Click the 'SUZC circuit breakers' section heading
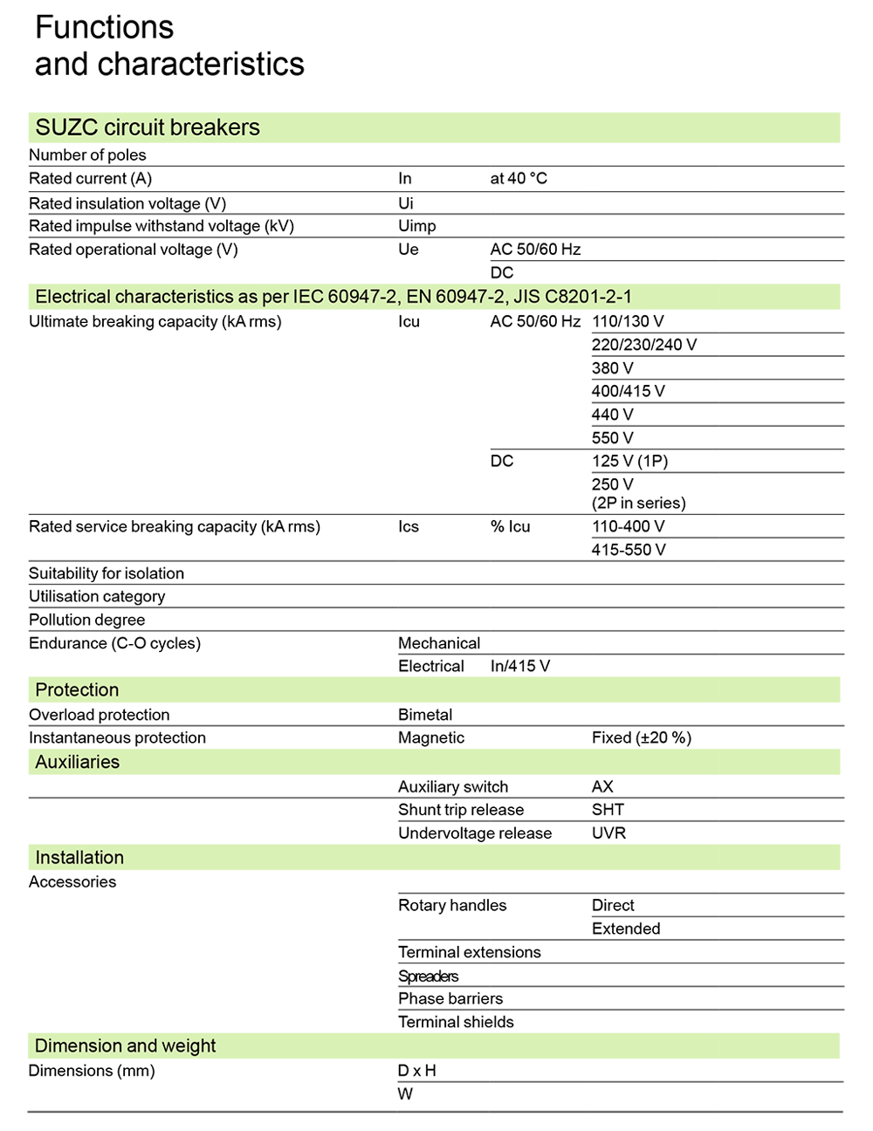pos(148,127)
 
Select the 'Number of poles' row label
pos(87,155)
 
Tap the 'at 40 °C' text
pos(519,179)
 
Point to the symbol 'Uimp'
pos(416,226)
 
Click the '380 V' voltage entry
pos(612,368)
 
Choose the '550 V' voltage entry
pos(612,438)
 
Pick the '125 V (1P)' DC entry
pos(629,461)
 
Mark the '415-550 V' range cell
pos(628,550)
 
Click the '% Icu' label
pos(510,527)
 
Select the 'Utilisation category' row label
pos(97,597)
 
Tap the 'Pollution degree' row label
pos(86,620)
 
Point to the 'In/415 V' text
pos(519,667)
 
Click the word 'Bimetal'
pos(425,715)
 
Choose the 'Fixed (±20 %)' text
pos(641,738)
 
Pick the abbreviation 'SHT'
pos(608,810)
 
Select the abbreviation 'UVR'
pos(608,833)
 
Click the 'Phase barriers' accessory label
pos(450,999)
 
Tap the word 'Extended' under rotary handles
pos(626,929)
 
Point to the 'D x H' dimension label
pos(416,1071)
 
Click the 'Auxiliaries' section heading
pos(77,763)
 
